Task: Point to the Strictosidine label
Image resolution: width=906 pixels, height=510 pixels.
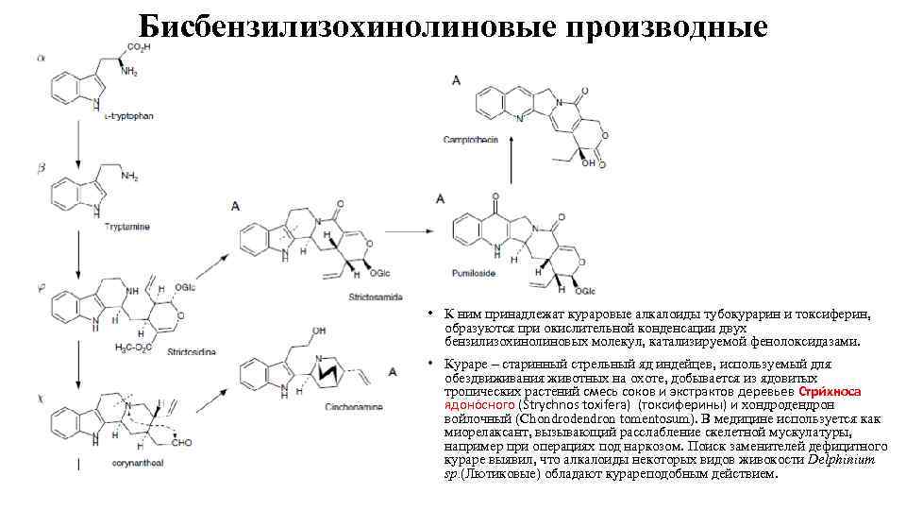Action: point(192,351)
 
